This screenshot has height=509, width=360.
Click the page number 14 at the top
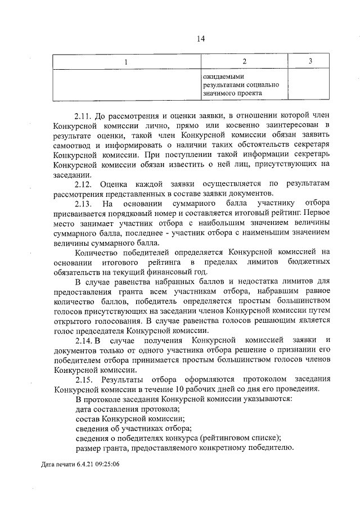click(x=201, y=38)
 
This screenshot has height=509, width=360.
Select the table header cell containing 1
click(x=126, y=61)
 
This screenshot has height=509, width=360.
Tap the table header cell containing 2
click(x=244, y=61)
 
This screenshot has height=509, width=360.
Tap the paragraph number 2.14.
click(x=85, y=340)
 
